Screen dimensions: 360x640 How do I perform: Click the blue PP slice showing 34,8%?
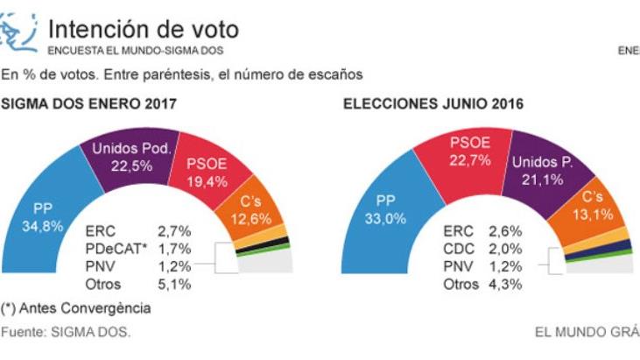click(x=44, y=219)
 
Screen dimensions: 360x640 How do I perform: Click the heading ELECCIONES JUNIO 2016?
click(x=433, y=103)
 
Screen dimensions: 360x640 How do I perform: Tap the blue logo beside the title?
click(x=19, y=33)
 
